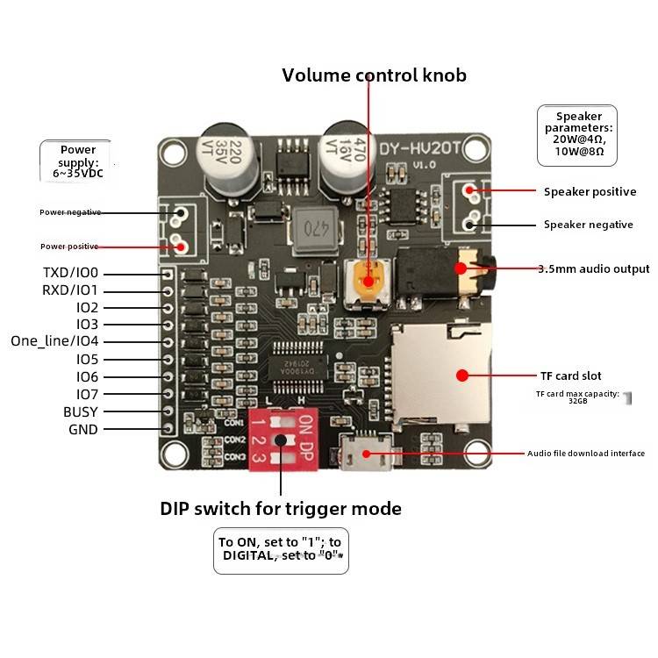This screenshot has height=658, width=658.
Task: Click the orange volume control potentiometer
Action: [368, 282]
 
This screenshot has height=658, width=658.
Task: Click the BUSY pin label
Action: [81, 411]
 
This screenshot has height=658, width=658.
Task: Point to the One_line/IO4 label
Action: [55, 341]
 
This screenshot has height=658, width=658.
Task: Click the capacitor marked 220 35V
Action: [231, 159]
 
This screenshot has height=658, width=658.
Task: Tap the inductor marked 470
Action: [315, 230]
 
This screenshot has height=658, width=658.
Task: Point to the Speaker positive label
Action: [590, 191]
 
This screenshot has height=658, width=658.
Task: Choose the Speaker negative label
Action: [588, 225]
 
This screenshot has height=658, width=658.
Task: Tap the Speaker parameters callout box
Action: [576, 135]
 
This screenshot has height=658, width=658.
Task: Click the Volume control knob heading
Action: [374, 75]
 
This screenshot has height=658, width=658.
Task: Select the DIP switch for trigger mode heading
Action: [281, 509]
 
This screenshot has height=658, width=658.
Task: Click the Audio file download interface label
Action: [586, 454]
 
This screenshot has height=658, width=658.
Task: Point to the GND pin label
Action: [83, 429]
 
